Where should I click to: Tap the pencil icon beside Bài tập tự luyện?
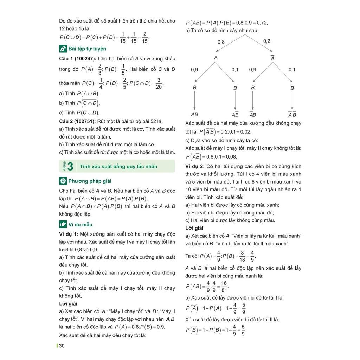tap(63, 49)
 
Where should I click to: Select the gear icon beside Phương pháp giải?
tap(63, 181)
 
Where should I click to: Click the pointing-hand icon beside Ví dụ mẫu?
tap(63, 224)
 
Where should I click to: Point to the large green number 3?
tap(70, 166)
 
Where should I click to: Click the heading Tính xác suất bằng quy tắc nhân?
tap(118, 166)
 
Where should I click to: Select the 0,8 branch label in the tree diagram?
tap(221, 42)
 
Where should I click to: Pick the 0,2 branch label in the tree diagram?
tap(267, 41)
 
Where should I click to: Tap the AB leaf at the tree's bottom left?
tap(194, 114)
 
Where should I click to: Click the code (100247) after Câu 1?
tap(85, 58)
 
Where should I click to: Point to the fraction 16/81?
tap(224, 286)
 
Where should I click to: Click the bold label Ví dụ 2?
tap(195, 166)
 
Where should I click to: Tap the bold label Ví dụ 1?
tap(69, 234)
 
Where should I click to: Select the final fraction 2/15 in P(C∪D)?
tap(144, 37)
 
